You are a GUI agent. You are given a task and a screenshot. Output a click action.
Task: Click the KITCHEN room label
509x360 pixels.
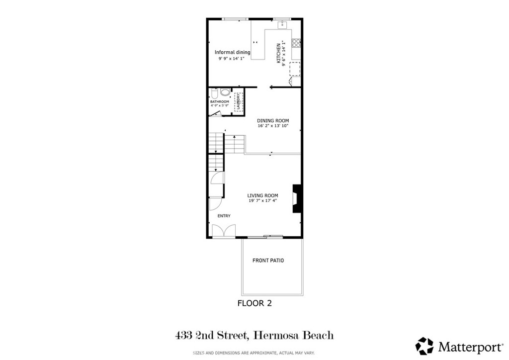pyautogui.click(x=279, y=53)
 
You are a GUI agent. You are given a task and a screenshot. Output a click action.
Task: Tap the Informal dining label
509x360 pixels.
pyautogui.click(x=232, y=52)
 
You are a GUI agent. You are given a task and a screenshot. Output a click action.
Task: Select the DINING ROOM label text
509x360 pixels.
pyautogui.click(x=272, y=121)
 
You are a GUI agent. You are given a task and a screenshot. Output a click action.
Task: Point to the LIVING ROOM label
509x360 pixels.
pyautogui.click(x=262, y=195)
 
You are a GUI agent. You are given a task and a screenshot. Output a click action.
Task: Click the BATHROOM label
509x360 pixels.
pyautogui.click(x=219, y=101)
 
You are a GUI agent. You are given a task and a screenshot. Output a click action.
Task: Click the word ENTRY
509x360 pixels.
pyautogui.click(x=224, y=215)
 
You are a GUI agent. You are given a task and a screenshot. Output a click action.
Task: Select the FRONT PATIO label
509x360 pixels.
pyautogui.click(x=268, y=261)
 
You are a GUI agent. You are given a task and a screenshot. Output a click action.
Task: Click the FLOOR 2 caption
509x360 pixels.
pyautogui.click(x=254, y=303)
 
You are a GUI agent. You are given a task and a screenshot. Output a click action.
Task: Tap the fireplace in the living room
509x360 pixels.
pyautogui.click(x=297, y=198)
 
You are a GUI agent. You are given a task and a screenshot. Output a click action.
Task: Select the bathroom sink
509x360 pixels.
pyautogui.click(x=225, y=92)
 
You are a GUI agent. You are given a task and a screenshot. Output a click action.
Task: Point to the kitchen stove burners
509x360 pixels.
pyautogui.click(x=296, y=43)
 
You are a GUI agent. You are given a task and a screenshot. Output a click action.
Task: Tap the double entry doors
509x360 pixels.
pyautogui.click(x=223, y=231)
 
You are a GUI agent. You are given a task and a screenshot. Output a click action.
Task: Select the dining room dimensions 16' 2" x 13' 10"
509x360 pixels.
pyautogui.click(x=272, y=126)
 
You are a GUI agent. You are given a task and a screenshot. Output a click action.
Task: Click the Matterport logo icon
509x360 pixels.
pyautogui.click(x=424, y=346)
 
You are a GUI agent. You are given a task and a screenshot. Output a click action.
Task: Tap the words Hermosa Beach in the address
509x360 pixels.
pyautogui.click(x=293, y=336)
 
